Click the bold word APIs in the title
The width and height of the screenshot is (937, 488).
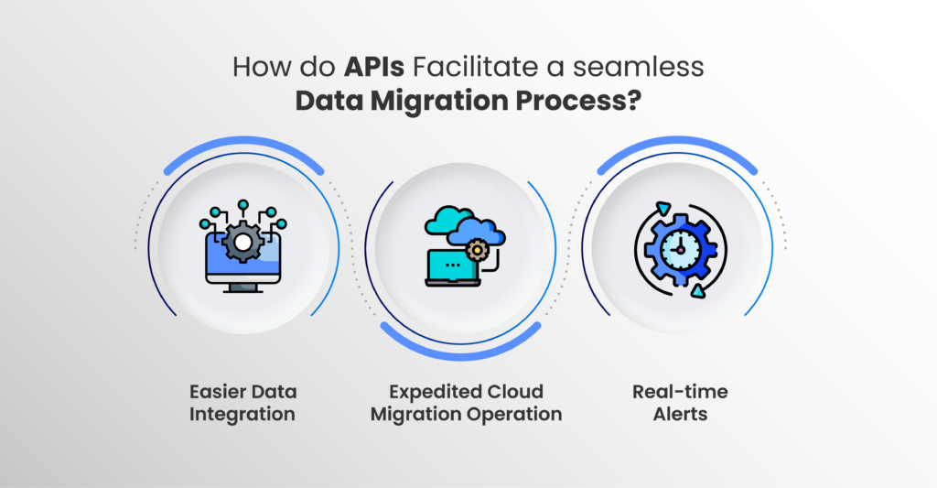click(374, 67)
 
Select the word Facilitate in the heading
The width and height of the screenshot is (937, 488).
click(475, 67)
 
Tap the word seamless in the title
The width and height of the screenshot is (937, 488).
click(638, 67)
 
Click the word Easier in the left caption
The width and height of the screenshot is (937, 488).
click(214, 392)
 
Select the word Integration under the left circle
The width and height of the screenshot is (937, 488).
click(242, 415)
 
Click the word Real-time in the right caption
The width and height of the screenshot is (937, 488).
click(680, 392)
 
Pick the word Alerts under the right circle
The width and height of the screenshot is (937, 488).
click(680, 414)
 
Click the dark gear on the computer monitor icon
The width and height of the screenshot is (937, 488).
click(242, 242)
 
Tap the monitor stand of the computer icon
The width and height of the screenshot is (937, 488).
click(242, 287)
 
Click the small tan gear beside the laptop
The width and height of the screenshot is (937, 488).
click(477, 250)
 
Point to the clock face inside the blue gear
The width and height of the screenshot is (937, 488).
click(680, 249)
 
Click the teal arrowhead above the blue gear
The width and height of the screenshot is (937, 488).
click(662, 209)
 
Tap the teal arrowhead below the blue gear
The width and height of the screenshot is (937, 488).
click(697, 290)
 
